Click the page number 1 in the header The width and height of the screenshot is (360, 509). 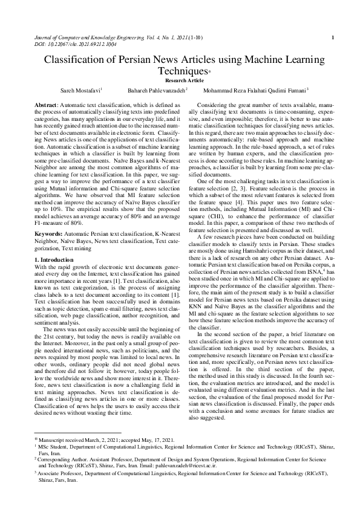pyautogui.click(x=333, y=38)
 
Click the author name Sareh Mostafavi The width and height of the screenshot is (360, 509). pyautogui.click(x=81, y=90)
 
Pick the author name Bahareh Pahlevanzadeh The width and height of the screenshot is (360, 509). pyautogui.click(x=157, y=90)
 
